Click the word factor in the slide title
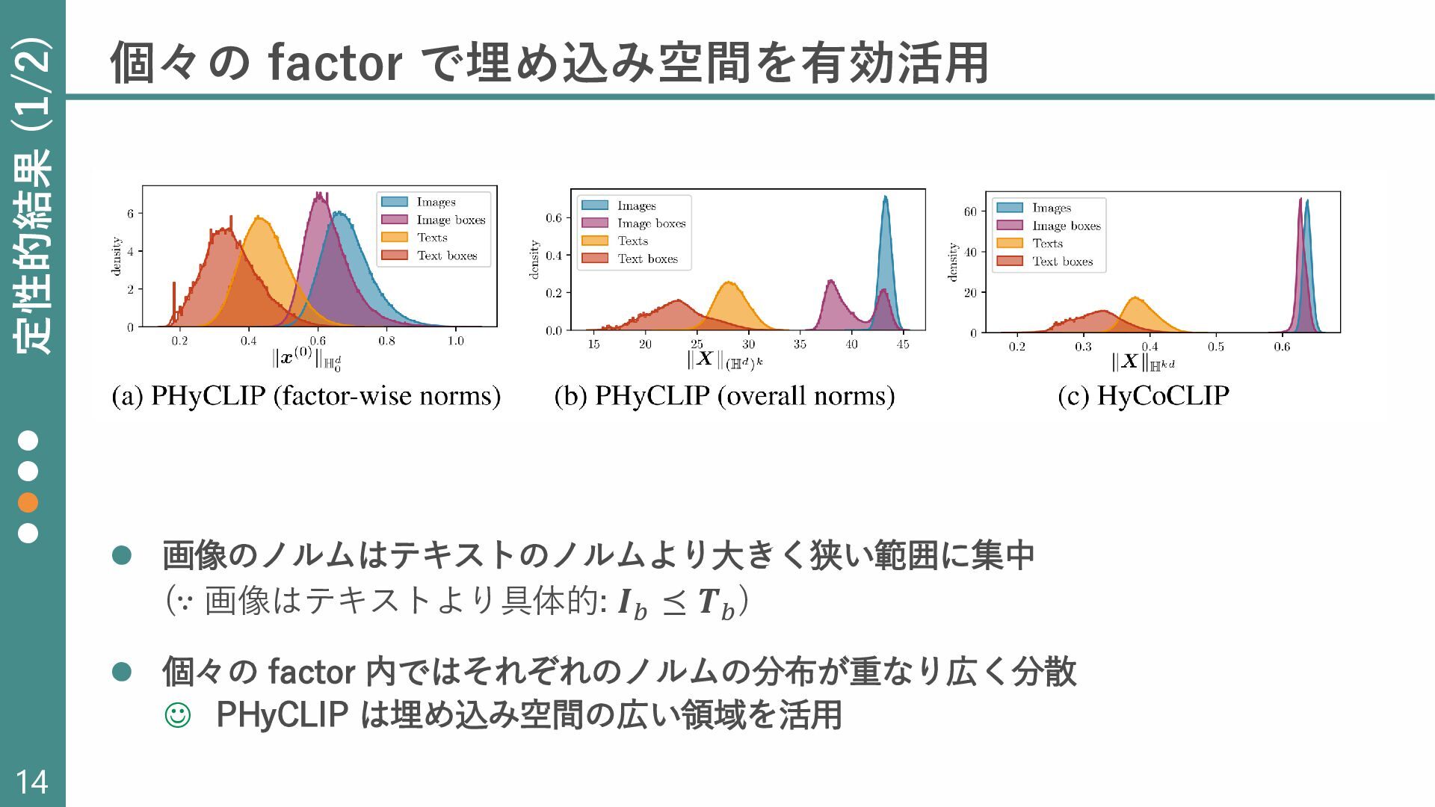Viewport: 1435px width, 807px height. click(x=336, y=63)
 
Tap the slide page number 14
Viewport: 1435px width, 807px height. click(x=31, y=782)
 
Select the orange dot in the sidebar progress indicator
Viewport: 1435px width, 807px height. click(x=28, y=502)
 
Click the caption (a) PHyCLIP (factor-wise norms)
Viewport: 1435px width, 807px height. click(x=306, y=396)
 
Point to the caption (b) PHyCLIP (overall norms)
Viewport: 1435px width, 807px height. click(x=724, y=396)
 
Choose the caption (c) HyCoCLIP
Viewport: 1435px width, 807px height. click(x=1144, y=396)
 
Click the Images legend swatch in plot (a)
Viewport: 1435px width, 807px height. click(x=394, y=202)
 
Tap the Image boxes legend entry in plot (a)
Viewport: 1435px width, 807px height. click(x=433, y=220)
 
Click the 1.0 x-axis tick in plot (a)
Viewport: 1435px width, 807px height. click(x=456, y=341)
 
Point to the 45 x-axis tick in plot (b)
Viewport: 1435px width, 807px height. click(x=903, y=344)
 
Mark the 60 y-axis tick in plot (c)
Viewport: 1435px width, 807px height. click(x=970, y=211)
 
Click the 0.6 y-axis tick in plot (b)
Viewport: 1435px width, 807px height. click(x=554, y=218)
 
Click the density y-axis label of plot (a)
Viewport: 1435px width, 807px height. click(x=117, y=256)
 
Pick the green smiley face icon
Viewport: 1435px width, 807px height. click(x=177, y=715)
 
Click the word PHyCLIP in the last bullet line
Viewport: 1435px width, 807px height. click(x=282, y=715)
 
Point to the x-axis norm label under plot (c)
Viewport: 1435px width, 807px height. click(x=1144, y=362)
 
